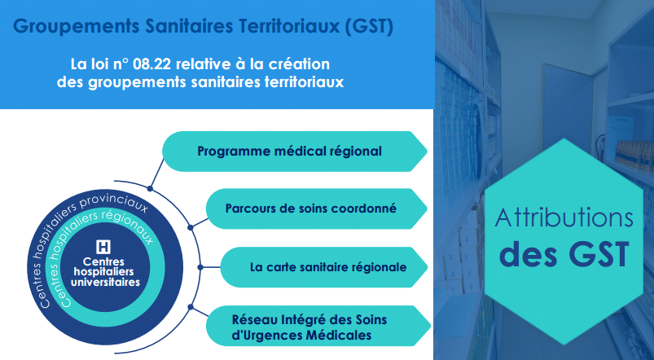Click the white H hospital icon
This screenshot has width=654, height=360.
pos(103,247)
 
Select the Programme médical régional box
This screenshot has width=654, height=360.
pos(295,151)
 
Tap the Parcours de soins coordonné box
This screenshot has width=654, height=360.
pos(317,209)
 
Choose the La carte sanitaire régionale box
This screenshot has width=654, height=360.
pos(324,267)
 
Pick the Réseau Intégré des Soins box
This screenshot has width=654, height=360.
pos(318,326)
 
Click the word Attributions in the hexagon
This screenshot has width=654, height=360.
pos(564,218)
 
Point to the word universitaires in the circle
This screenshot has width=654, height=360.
pos(105,283)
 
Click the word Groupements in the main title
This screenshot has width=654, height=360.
pos(77,27)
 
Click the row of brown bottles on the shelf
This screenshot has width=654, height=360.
pos(634,152)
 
